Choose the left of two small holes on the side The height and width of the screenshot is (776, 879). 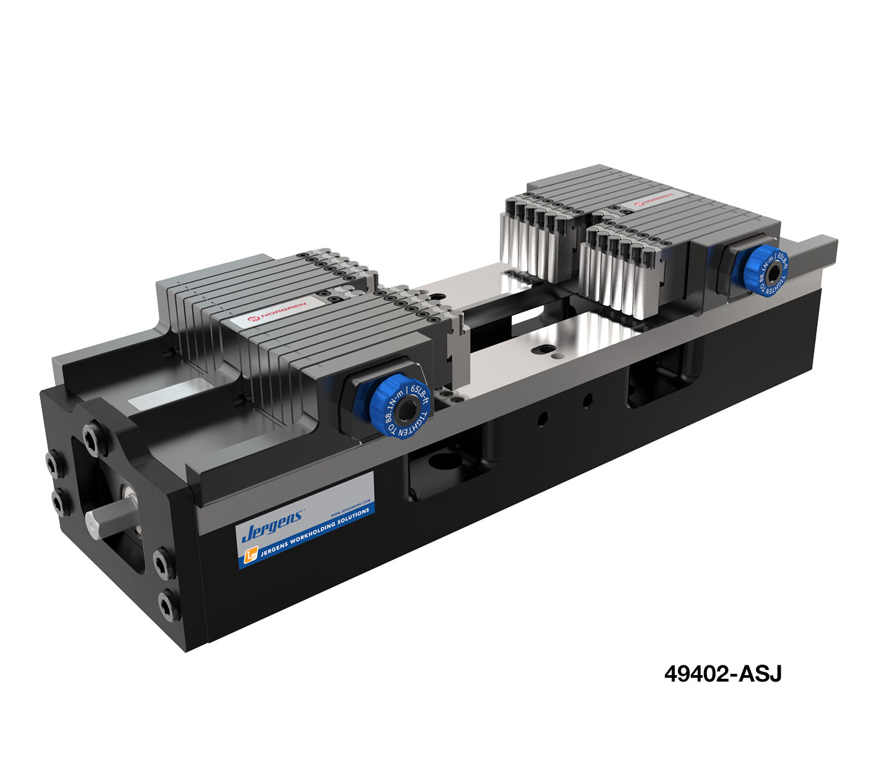click(543, 417)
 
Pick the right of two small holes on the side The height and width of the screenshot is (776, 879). click(588, 401)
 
